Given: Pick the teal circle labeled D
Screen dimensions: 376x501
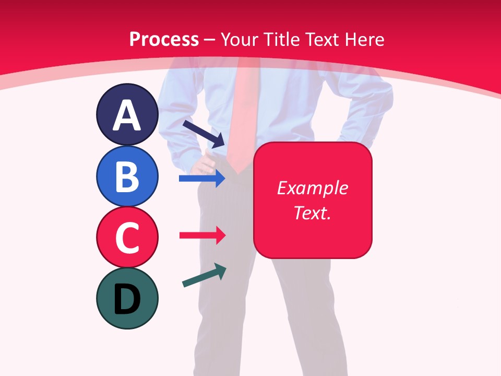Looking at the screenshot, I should pos(127,298).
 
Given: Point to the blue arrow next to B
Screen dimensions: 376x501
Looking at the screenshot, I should pos(201,179).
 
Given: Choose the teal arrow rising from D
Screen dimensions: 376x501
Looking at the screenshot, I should pos(204,275).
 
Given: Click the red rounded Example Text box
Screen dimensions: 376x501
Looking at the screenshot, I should pos(313,200).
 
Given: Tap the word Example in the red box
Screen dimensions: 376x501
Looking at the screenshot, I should pos(312,188).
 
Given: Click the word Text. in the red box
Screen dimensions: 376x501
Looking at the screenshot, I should pos(312,213).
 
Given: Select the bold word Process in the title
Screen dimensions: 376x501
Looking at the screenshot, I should pos(164,39).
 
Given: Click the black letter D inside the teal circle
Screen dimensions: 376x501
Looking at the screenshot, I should pos(127,300).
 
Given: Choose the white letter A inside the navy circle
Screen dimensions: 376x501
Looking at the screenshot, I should pos(127,115).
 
